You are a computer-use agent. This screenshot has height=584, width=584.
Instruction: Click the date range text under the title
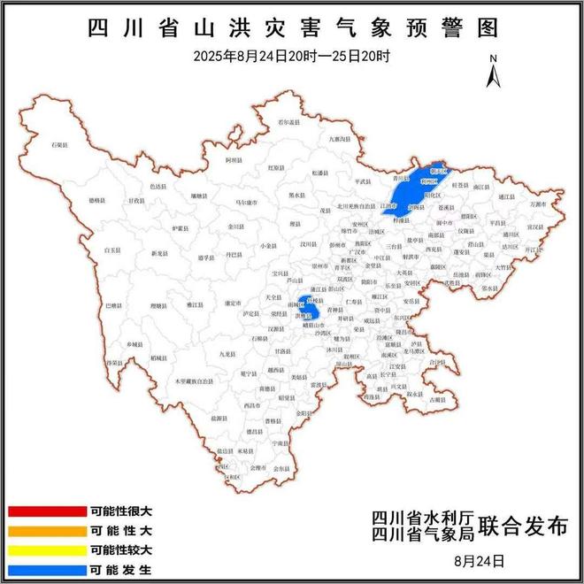[292, 56]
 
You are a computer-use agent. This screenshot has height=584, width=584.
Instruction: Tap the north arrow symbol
[493, 71]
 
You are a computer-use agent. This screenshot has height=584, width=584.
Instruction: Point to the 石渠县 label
[59, 143]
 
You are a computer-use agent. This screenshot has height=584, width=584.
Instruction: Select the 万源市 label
[538, 204]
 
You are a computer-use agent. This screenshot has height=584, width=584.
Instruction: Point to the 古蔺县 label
[436, 400]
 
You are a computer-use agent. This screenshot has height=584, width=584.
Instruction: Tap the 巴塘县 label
[113, 305]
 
